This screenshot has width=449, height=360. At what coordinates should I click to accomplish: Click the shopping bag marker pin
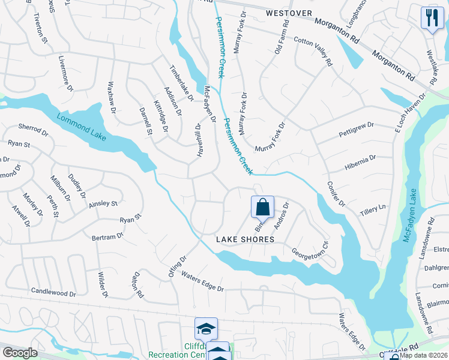point(262,208)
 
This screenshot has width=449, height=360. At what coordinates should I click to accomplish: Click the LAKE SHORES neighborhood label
point(245,239)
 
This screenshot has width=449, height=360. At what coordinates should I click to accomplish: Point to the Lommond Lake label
point(82,127)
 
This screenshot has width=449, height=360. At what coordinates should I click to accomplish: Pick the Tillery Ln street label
point(372,210)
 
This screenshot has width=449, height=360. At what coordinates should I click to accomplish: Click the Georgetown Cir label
point(310,251)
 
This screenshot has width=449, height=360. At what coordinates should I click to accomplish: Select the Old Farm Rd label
point(282,37)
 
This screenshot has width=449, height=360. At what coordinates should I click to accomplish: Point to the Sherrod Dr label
point(32,129)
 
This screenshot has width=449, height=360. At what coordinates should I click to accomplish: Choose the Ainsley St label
point(103,204)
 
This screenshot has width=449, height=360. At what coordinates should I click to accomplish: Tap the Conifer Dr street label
point(336,194)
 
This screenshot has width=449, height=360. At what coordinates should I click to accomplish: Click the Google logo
point(20,353)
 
